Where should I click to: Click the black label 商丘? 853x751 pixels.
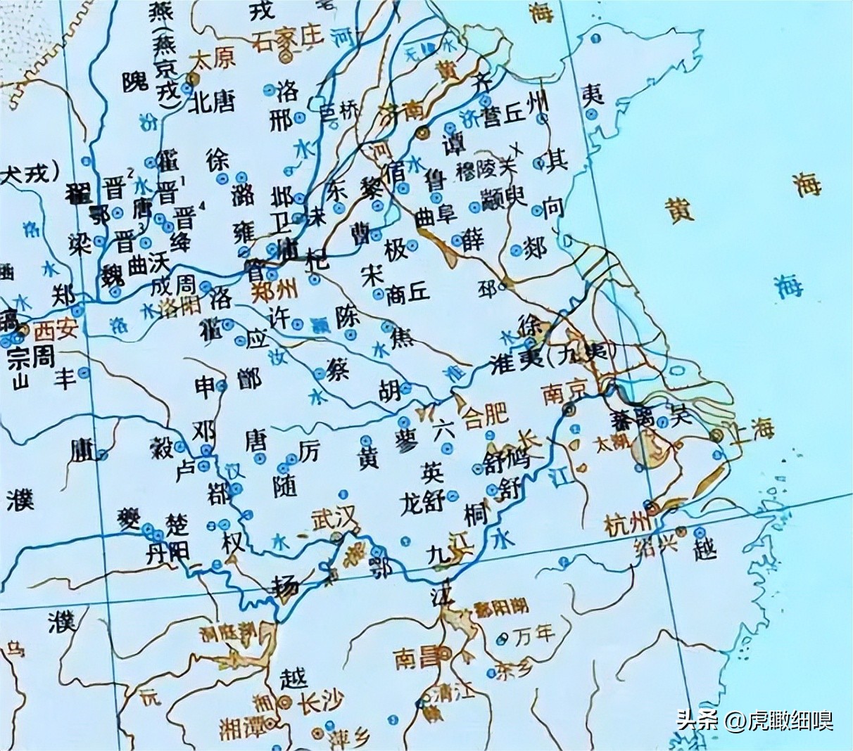pyautogui.click(x=407, y=295)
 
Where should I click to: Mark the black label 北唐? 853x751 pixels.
pyautogui.click(x=212, y=103)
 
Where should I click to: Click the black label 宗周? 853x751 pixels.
pyautogui.click(x=31, y=357)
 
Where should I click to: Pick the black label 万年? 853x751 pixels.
pyautogui.click(x=534, y=636)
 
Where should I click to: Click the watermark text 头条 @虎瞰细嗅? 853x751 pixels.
pyautogui.click(x=754, y=720)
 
